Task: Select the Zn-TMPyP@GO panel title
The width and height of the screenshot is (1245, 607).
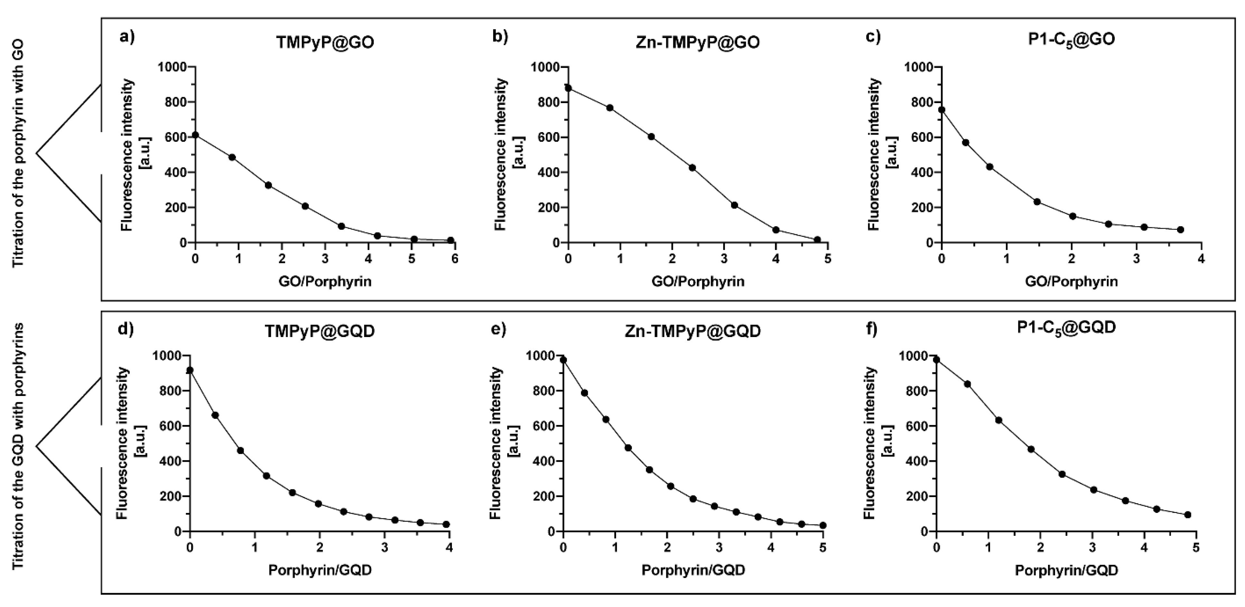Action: (698, 43)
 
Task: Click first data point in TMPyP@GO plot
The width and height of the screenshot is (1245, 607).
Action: (195, 135)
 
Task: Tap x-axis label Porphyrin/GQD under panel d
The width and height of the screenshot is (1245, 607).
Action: (320, 570)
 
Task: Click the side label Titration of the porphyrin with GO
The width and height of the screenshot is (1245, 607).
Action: (18, 154)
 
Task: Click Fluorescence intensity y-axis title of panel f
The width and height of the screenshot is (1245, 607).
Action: (870, 443)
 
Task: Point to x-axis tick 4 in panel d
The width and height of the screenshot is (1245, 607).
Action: (449, 548)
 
